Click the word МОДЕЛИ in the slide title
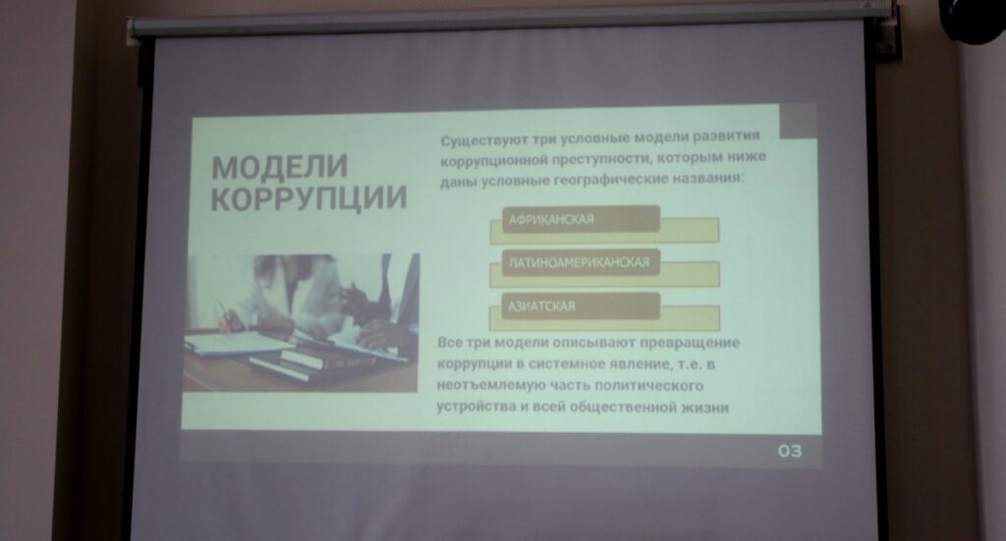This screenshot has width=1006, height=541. coord(280,167)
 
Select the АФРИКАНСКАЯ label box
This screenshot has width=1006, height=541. coord(581,219)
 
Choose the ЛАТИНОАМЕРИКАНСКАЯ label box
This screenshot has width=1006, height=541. coord(581,262)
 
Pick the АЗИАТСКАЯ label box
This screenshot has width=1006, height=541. coord(581,305)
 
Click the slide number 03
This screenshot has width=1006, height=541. coord(790,452)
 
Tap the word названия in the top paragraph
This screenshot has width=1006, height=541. coord(708,178)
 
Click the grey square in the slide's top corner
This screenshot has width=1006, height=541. coord(798,121)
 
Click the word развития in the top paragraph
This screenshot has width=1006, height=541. coord(727,135)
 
